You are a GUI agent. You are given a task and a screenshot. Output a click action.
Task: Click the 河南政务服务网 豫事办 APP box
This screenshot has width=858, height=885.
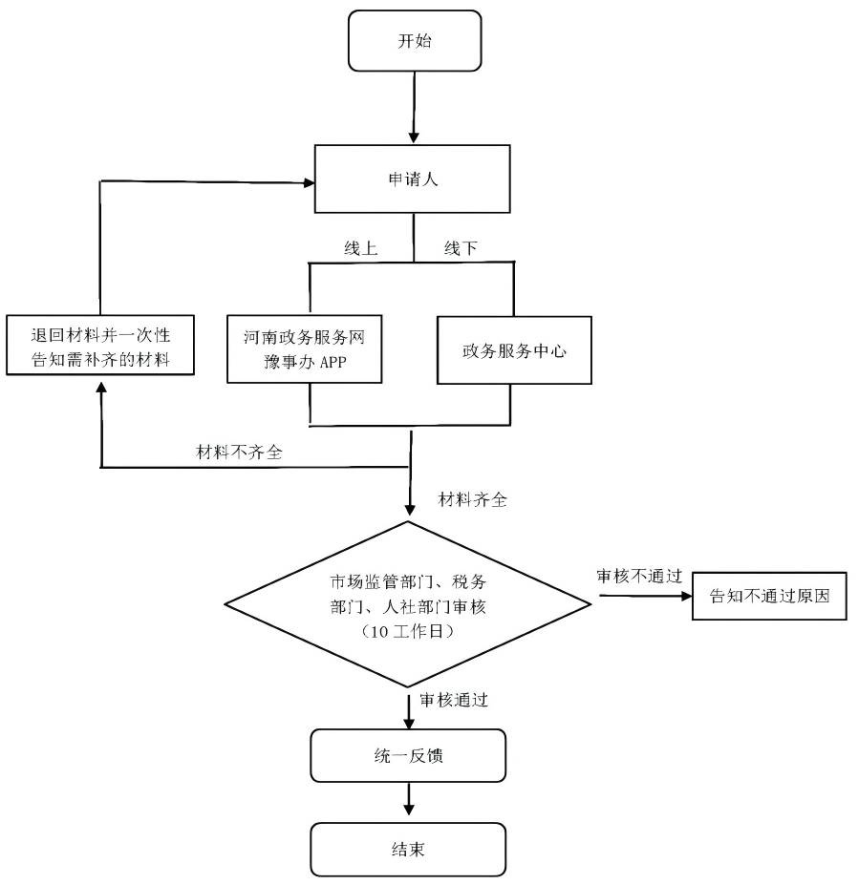pos(305,349)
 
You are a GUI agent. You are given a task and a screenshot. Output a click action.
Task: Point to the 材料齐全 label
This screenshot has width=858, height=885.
pos(471,498)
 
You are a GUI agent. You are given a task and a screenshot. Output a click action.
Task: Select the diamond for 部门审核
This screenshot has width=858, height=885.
pos(410,603)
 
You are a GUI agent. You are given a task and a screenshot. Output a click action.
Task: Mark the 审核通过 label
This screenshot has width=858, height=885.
pos(454,700)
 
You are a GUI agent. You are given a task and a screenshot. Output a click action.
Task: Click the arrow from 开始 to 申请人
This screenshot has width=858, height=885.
pos(412,105)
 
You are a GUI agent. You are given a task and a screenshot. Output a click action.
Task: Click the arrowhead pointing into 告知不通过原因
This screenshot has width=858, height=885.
pos(685,597)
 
